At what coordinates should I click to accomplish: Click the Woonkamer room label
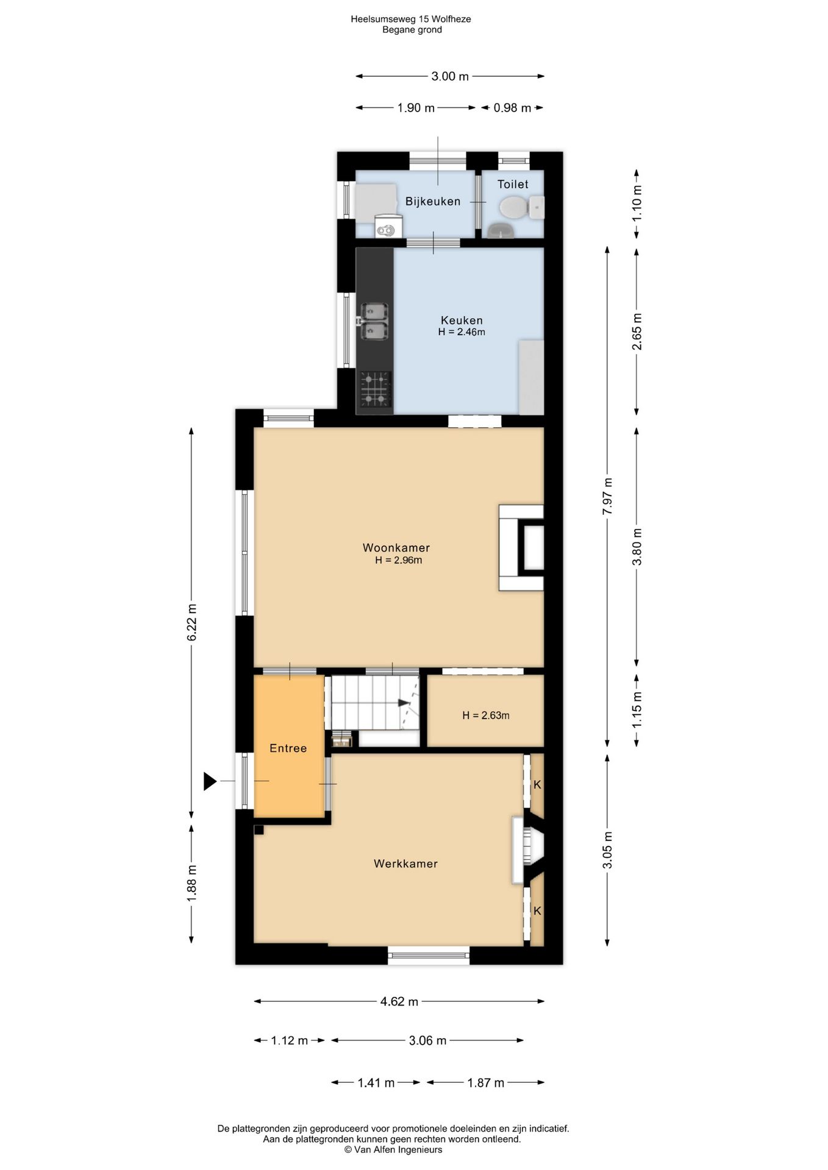click(396, 548)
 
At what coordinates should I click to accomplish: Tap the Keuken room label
click(462, 320)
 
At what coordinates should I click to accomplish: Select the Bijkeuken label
click(433, 201)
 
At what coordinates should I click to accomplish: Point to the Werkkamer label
click(405, 863)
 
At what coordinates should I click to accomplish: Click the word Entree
click(288, 748)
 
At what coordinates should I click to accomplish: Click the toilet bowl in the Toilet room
click(514, 207)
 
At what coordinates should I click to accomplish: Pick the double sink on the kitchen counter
click(374, 321)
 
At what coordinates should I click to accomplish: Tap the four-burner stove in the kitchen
click(375, 389)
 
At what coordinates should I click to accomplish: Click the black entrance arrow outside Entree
click(210, 781)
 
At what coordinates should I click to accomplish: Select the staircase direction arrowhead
click(404, 703)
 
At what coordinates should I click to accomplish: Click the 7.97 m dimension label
click(607, 497)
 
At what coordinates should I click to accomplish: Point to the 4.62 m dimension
click(399, 1001)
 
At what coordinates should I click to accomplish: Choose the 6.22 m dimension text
click(191, 622)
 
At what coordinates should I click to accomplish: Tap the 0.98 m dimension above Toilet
click(512, 108)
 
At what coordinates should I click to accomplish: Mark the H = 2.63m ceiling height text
click(485, 715)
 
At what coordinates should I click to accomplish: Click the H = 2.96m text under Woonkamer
click(398, 561)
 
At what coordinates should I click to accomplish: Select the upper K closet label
click(537, 785)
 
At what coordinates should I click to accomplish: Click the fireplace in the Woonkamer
click(521, 547)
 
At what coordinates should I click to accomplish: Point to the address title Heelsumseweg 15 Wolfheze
click(411, 19)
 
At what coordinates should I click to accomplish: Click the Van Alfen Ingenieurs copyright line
click(393, 1150)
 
